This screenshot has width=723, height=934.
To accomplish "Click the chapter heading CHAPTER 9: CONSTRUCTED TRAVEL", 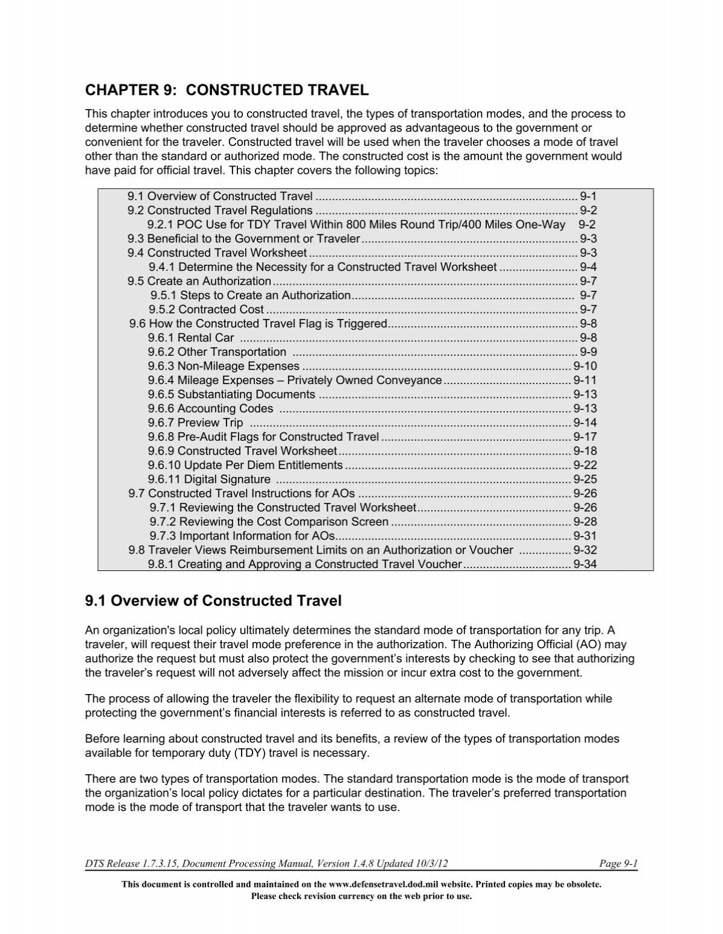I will click(227, 90).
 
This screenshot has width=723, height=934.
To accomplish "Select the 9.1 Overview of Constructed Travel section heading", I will click(213, 601).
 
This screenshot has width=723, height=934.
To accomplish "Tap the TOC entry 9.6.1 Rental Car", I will click(191, 338).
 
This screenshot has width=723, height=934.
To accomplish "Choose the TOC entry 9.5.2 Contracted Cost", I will click(207, 309).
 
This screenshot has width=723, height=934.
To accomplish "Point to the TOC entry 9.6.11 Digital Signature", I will click(209, 479).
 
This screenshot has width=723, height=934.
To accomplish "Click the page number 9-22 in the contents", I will click(584, 465).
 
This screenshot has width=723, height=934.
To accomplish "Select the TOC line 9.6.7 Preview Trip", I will click(195, 423).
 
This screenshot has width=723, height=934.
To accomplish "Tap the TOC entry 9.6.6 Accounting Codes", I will click(210, 408).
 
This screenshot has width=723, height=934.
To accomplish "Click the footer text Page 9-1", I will click(618, 864).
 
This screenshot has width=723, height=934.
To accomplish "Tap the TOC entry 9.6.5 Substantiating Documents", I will click(231, 394).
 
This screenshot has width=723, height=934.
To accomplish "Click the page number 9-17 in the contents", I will click(584, 437).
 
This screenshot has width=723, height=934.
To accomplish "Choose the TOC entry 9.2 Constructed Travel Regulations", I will click(220, 210).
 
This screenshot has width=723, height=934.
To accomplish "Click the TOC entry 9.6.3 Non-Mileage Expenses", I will click(224, 366).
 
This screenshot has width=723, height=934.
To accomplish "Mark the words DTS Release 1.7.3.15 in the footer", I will click(131, 864).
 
